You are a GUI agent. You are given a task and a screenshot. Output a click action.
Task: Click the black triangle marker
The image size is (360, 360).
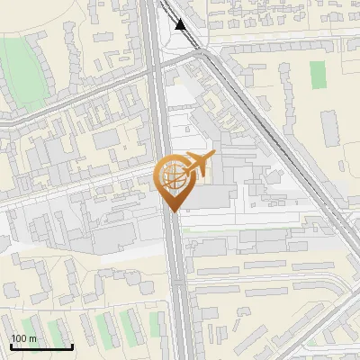(x=182, y=24)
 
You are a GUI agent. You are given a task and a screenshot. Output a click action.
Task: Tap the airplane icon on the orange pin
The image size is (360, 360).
(x=199, y=165)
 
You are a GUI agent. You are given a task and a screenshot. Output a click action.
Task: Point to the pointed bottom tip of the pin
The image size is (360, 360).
(x=171, y=211)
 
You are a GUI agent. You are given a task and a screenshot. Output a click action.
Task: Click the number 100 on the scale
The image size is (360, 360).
(x=18, y=338)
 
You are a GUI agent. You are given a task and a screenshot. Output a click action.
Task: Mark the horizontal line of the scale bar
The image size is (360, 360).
(x=41, y=347)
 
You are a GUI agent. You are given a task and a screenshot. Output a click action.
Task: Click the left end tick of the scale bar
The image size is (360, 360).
(x=11, y=346)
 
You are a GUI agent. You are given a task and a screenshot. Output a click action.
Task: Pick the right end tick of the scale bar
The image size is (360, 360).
(x=72, y=346)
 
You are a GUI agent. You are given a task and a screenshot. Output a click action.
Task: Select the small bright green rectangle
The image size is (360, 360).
(x=318, y=75)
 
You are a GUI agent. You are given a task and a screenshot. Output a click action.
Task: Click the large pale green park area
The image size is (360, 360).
(x=22, y=63)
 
